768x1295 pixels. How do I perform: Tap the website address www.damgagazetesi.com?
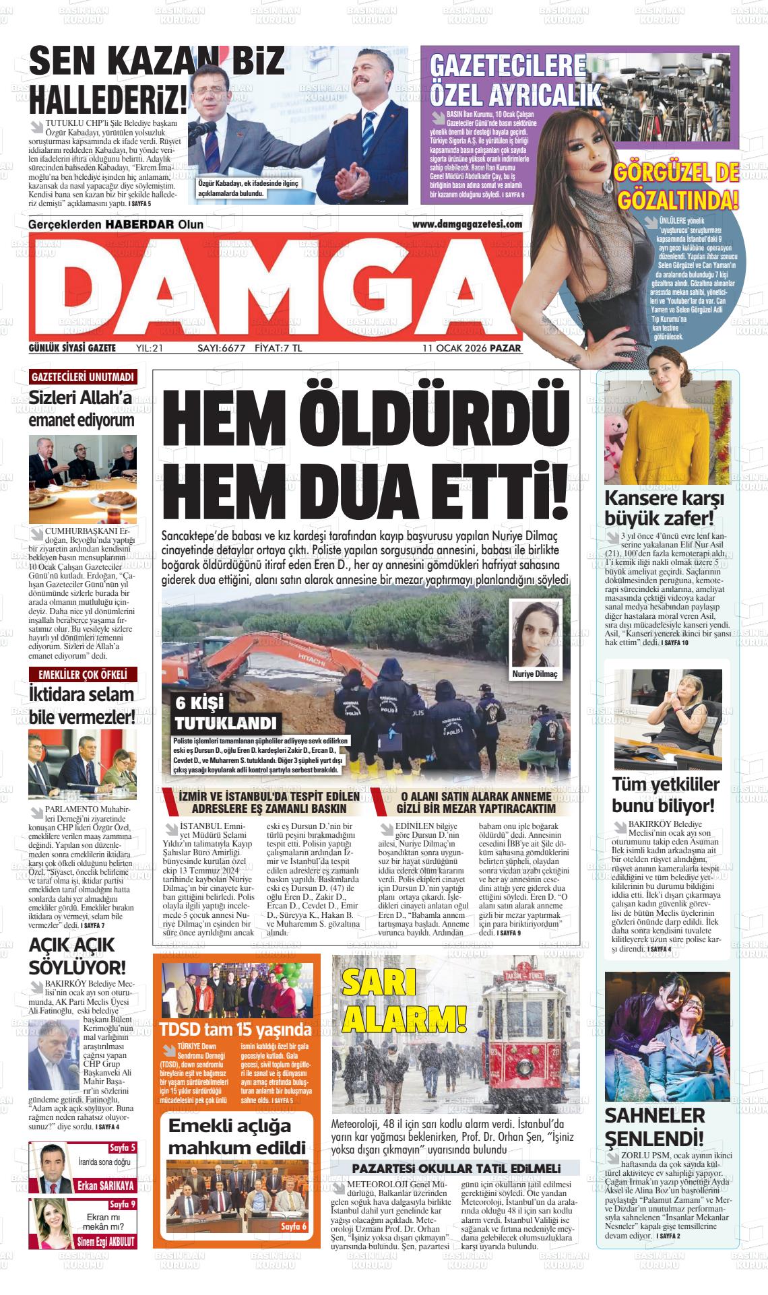[x=467, y=224]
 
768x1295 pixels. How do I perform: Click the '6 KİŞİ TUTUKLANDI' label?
[x=225, y=714]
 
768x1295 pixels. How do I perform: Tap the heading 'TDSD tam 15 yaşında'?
[x=235, y=1030]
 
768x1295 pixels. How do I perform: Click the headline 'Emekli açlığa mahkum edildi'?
[x=236, y=1136]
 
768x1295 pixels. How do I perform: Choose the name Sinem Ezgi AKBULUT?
[x=105, y=1241]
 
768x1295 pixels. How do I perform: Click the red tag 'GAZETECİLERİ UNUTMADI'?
[x=83, y=376]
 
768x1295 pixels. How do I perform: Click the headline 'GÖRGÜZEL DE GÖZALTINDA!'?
[x=677, y=187]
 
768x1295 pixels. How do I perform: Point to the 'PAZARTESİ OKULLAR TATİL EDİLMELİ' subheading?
[x=456, y=1168]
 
